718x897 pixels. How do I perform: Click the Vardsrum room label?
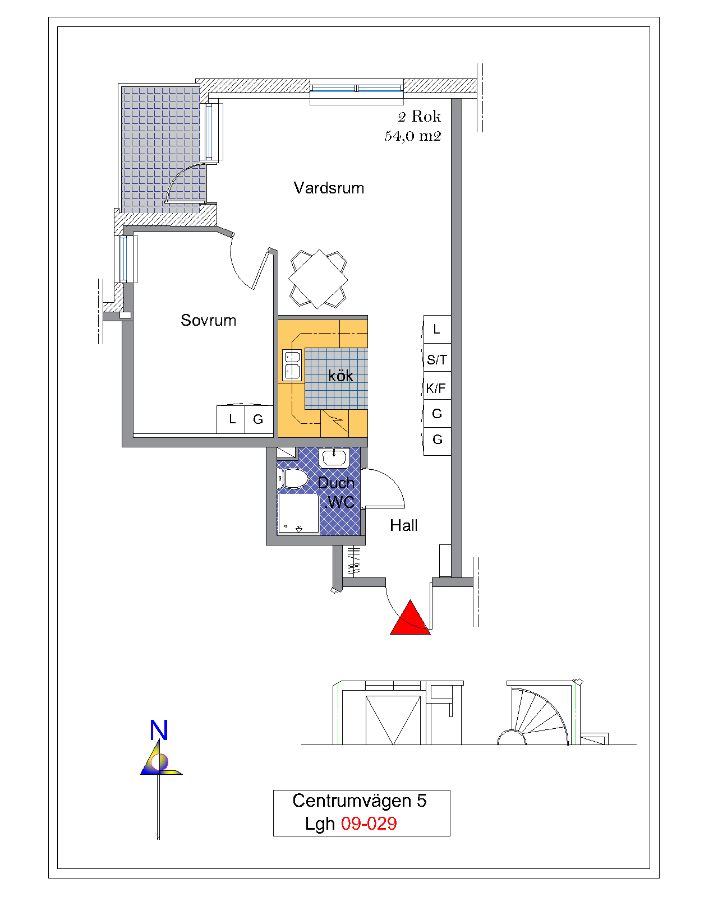click(x=329, y=188)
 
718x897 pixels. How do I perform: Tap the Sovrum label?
click(x=208, y=320)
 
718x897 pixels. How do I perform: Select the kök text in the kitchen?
click(x=340, y=376)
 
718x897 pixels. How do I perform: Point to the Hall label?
click(x=403, y=525)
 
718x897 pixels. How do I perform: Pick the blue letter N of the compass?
click(x=159, y=730)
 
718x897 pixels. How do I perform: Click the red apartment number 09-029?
click(x=369, y=823)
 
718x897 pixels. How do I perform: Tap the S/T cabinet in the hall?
click(x=437, y=358)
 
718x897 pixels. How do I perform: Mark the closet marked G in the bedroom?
click(x=259, y=419)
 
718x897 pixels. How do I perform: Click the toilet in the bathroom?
click(x=293, y=479)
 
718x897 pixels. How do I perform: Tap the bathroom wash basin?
click(x=334, y=457)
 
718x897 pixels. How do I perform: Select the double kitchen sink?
click(x=292, y=365)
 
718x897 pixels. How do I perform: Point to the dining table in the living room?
click(x=318, y=279)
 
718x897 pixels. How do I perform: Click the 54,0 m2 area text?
click(x=413, y=136)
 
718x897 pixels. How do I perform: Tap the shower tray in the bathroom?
click(x=298, y=514)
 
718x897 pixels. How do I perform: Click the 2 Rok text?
click(x=419, y=116)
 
